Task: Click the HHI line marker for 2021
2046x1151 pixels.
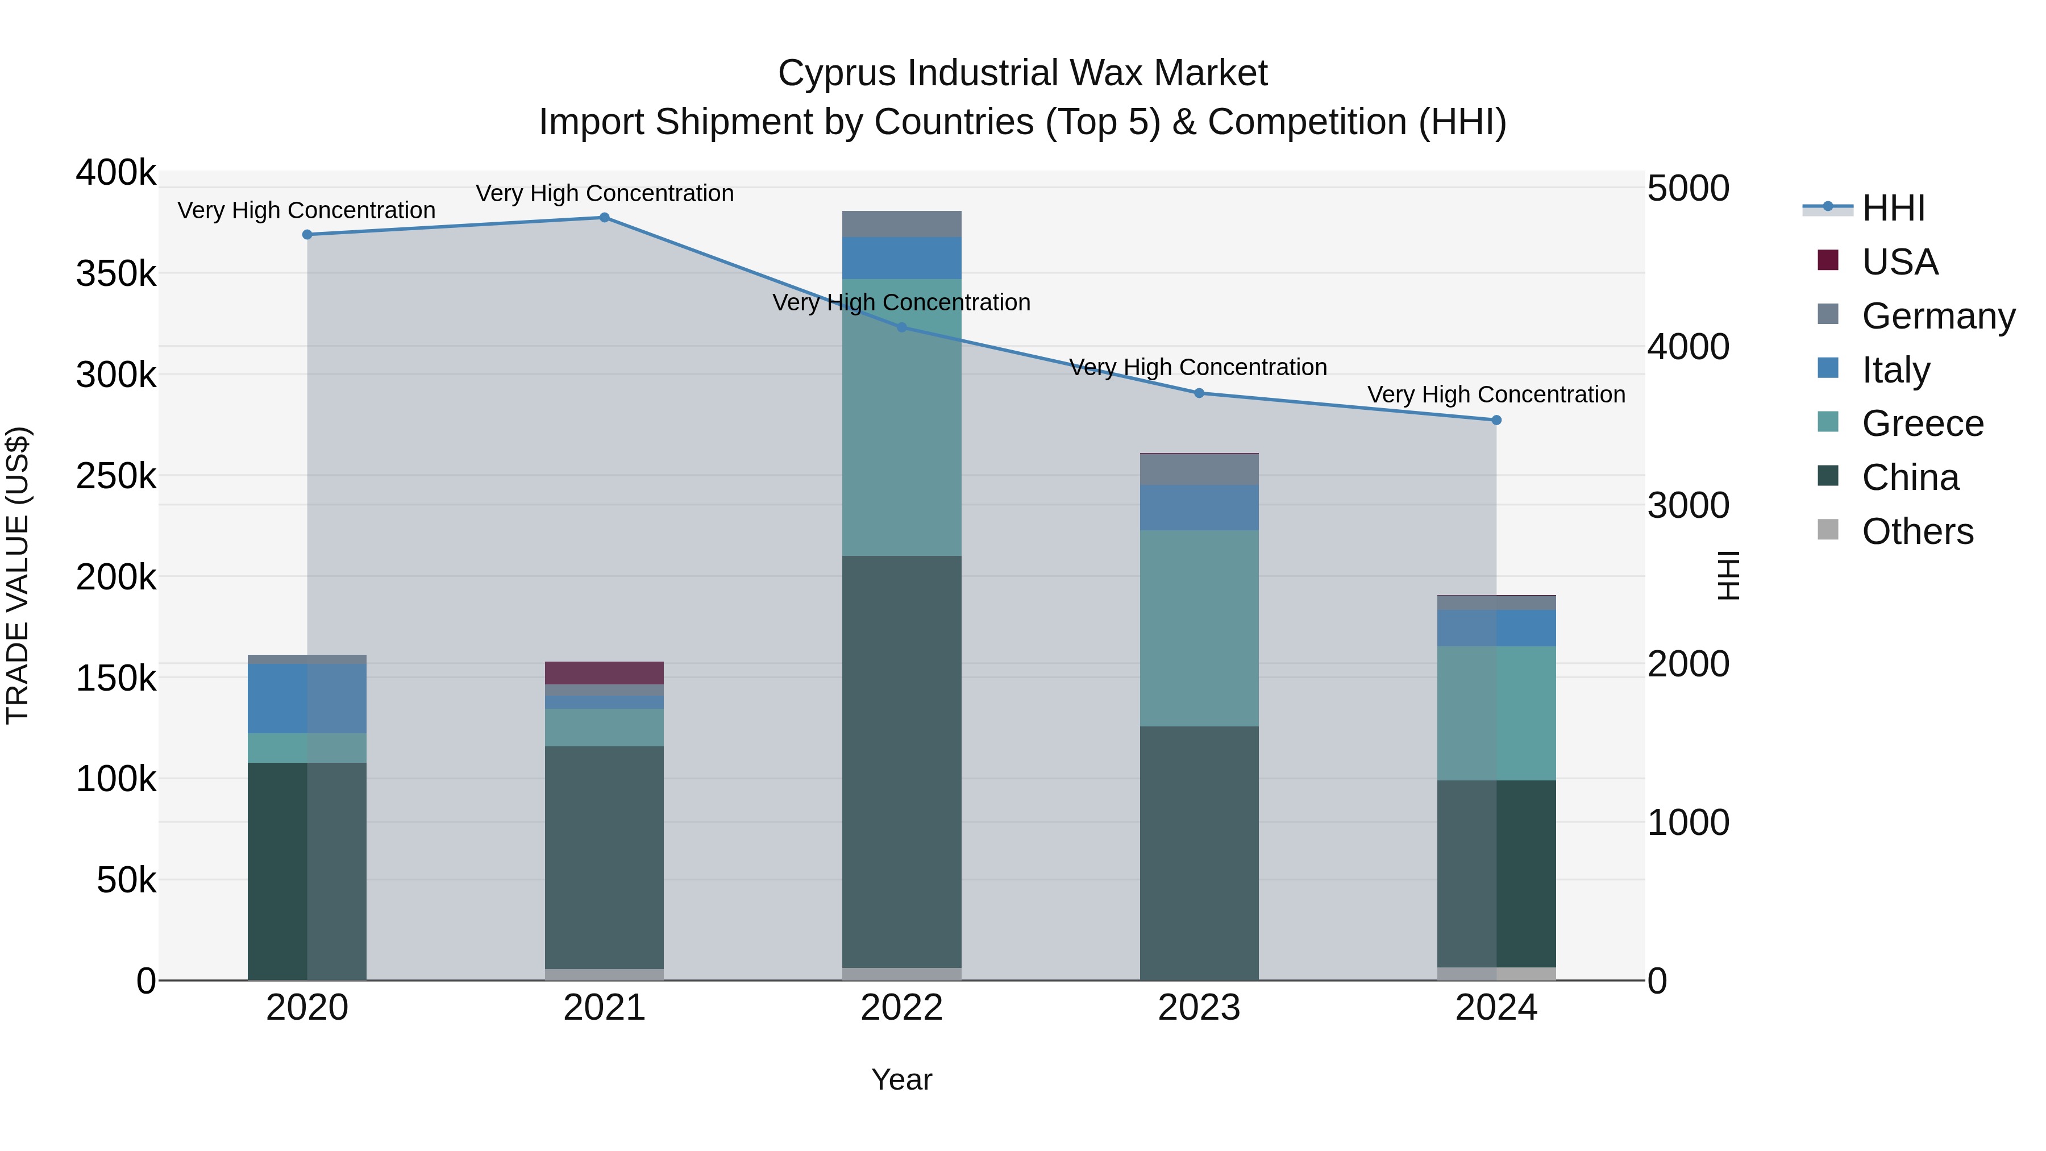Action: pyautogui.click(x=605, y=218)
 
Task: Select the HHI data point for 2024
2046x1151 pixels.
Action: pyautogui.click(x=1496, y=420)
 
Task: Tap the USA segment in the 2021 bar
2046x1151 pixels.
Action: pyautogui.click(x=605, y=673)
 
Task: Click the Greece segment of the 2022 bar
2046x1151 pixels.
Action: pyautogui.click(x=901, y=417)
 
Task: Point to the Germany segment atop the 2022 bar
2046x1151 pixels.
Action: pyautogui.click(x=901, y=224)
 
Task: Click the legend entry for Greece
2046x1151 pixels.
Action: pyautogui.click(x=1922, y=423)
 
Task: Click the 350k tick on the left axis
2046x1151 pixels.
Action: pyautogui.click(x=116, y=274)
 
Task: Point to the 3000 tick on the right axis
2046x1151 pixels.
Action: pyautogui.click(x=1689, y=505)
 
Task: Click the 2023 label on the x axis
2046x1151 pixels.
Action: pyautogui.click(x=1199, y=1008)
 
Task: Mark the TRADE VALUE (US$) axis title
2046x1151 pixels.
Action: pyautogui.click(x=18, y=575)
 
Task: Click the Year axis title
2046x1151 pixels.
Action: pyautogui.click(x=901, y=1079)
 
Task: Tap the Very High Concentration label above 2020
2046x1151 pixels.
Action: pyautogui.click(x=306, y=210)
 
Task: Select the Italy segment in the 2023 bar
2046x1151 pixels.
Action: pyautogui.click(x=1199, y=508)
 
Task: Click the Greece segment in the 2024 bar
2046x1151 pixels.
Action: pyautogui.click(x=1496, y=713)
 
